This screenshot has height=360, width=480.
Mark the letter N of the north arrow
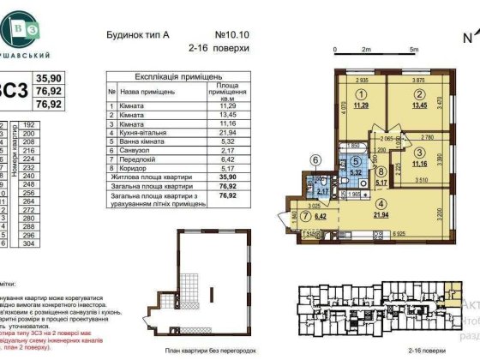click(467, 37)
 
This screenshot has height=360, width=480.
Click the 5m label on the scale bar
click(413, 51)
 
